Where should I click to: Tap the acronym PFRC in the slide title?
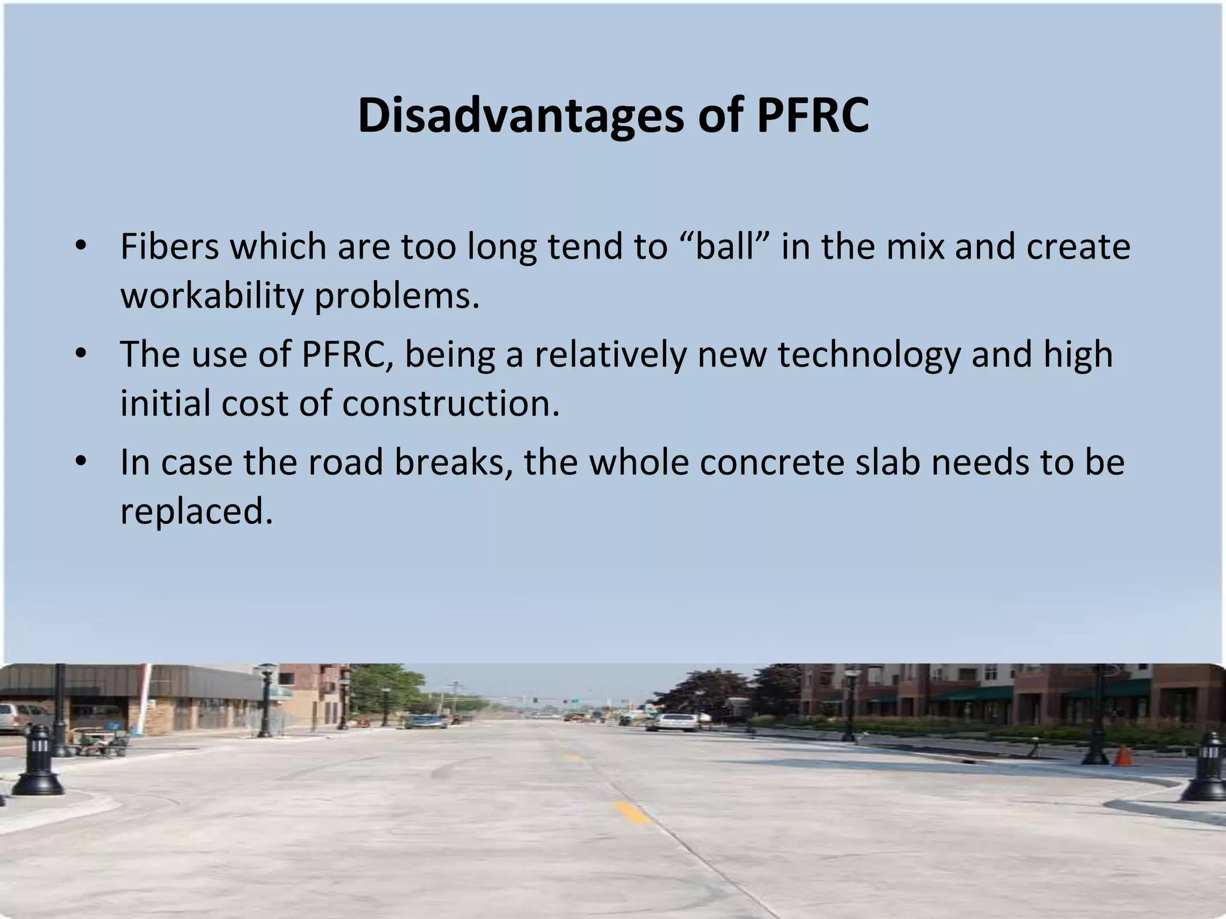coord(812,115)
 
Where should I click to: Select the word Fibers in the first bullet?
coord(170,247)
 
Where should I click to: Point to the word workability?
coord(212,296)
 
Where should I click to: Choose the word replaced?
coord(196,511)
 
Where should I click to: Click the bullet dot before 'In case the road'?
coord(81,462)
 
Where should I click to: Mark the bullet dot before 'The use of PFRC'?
coord(81,354)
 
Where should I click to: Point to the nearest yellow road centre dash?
coord(630,812)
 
